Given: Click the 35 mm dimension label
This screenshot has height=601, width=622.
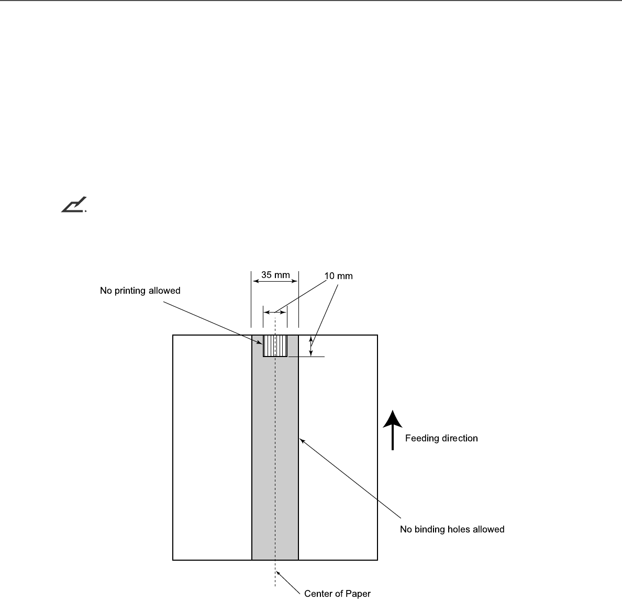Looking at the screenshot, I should [x=275, y=275].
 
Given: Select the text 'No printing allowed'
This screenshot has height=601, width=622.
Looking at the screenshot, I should [x=140, y=291].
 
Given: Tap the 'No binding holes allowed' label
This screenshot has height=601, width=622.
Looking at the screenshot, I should [x=452, y=529].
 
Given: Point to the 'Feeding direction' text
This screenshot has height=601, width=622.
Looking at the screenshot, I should [x=441, y=438].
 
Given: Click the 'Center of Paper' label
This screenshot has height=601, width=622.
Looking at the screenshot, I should [x=337, y=593].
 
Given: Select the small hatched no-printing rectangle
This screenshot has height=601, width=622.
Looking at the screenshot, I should [x=275, y=346].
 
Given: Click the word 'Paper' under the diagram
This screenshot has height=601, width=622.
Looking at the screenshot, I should [x=359, y=593].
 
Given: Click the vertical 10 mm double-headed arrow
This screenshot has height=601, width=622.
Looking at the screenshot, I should [x=311, y=346].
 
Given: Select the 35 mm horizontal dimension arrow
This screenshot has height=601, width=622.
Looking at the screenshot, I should [x=275, y=282].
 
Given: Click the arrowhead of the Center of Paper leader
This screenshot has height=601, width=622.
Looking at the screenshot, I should [x=277, y=572].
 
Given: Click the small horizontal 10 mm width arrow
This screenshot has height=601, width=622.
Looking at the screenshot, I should [x=275, y=312].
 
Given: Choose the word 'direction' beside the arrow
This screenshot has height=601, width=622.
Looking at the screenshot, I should [x=459, y=438].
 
